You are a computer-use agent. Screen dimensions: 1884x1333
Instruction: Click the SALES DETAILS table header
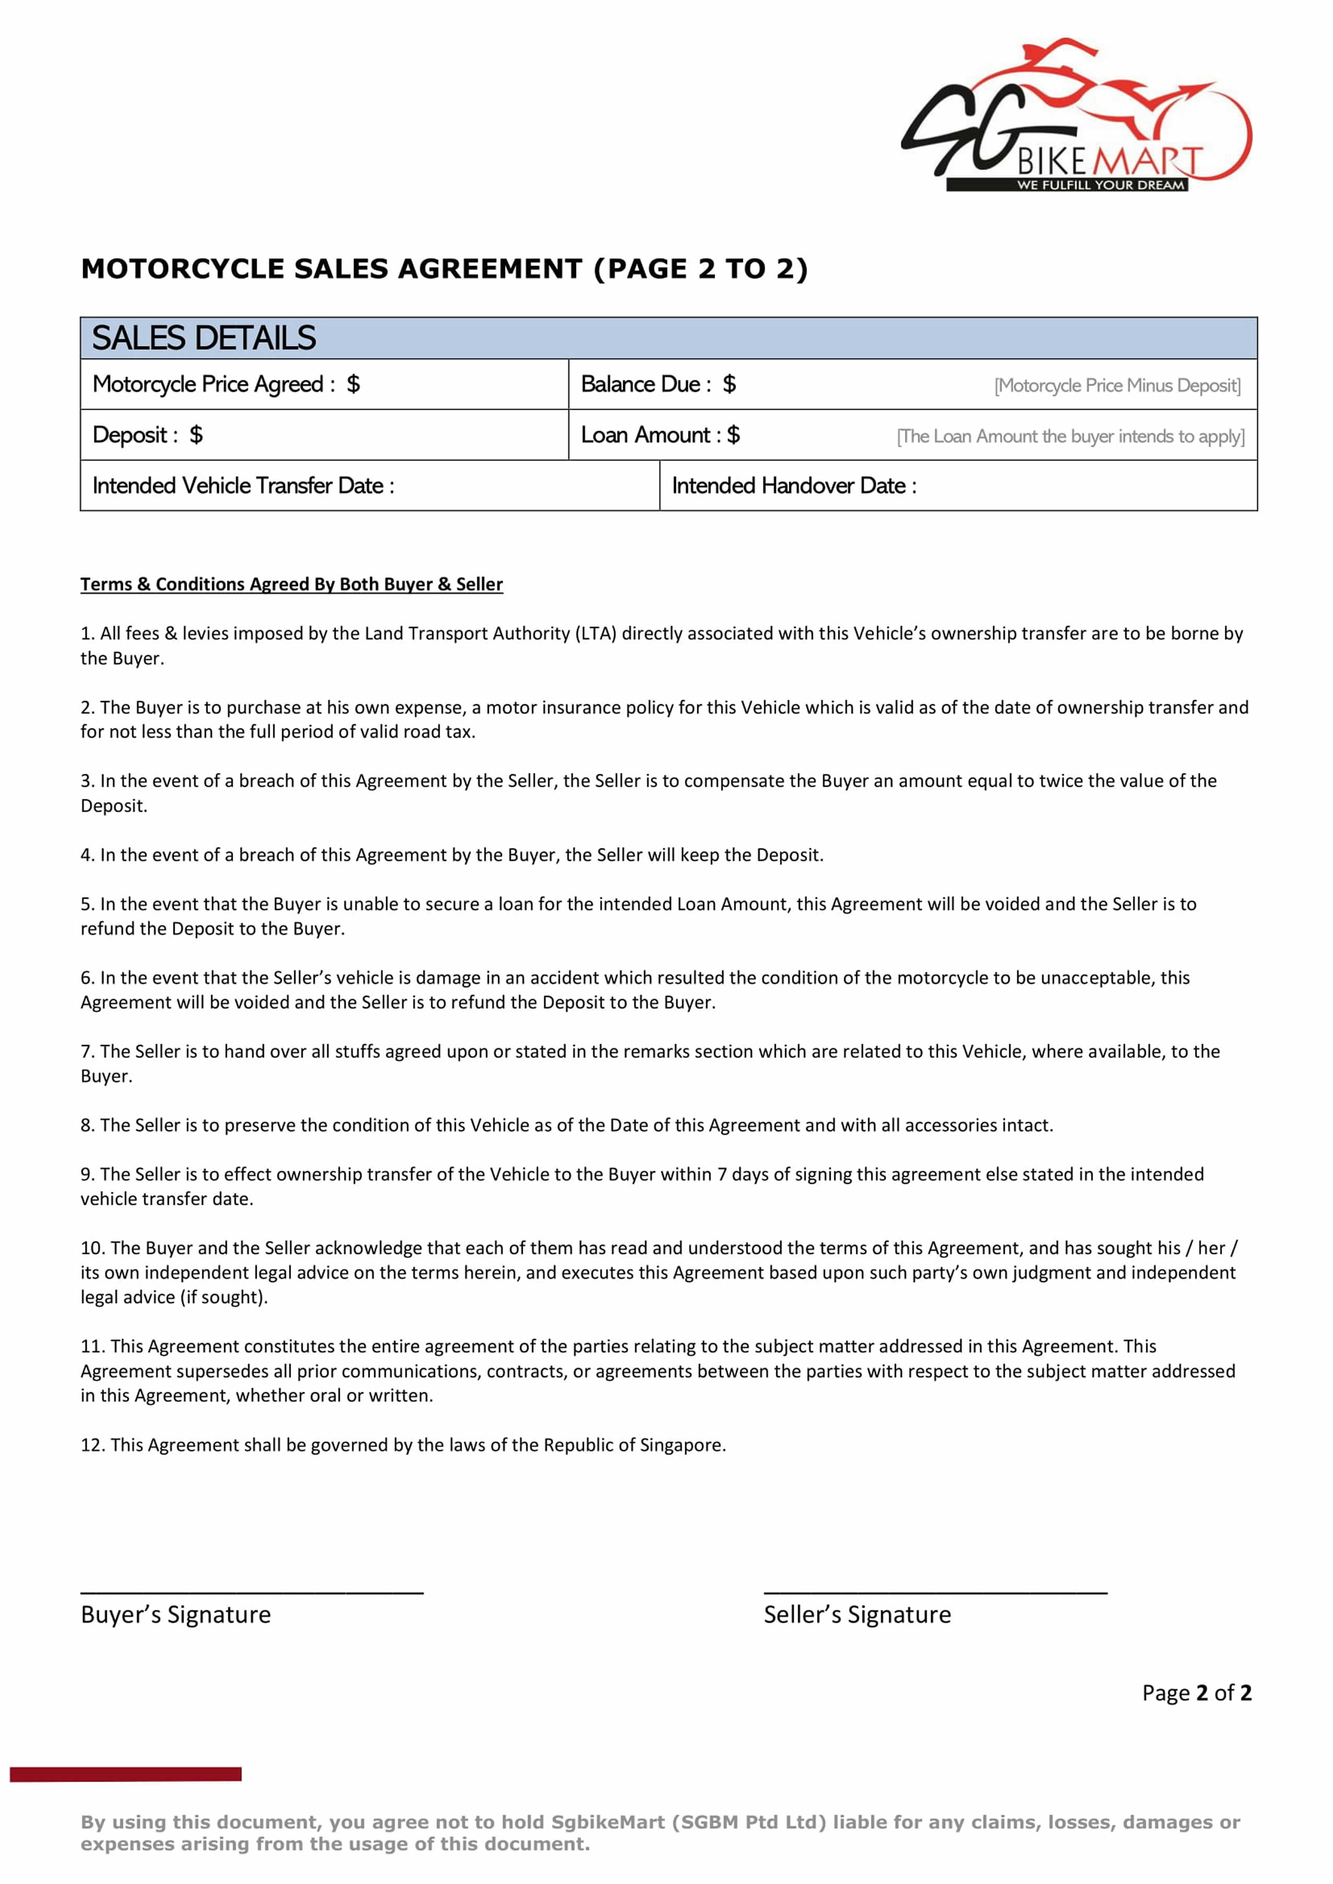click(x=203, y=338)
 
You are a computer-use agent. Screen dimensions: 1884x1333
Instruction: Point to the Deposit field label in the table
click(x=135, y=435)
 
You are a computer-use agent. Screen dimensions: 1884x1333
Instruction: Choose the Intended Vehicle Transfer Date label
click(x=243, y=486)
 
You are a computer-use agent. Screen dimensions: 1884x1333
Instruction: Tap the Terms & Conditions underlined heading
click(x=291, y=584)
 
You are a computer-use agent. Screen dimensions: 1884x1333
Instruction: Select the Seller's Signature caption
click(x=857, y=1615)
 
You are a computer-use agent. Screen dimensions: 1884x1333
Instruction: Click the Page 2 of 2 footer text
click(x=1196, y=1693)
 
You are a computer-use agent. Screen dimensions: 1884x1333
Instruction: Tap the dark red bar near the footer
click(x=125, y=1774)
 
